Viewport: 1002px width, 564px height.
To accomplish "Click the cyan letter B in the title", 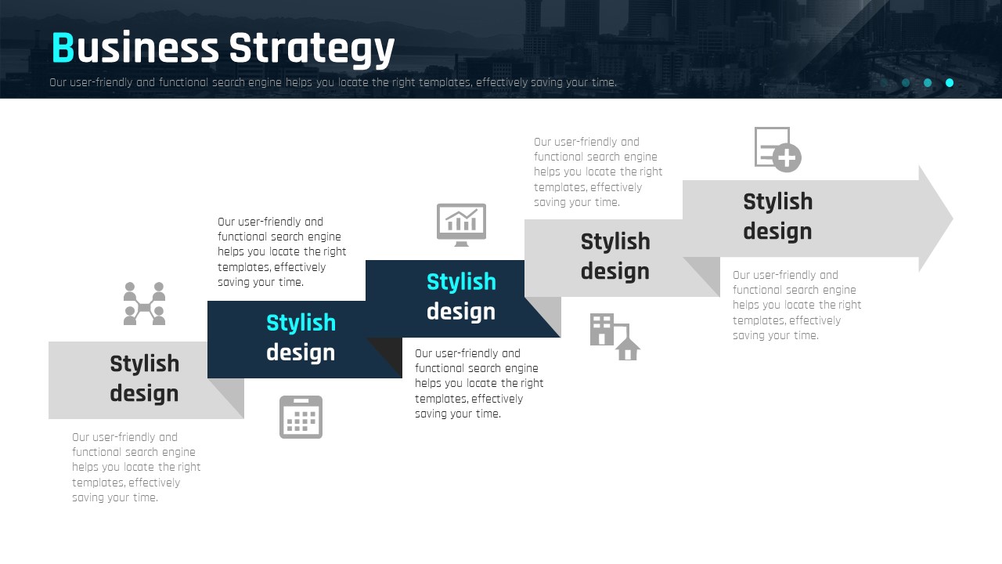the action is click(63, 48).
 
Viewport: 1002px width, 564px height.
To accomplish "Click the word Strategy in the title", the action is click(312, 49).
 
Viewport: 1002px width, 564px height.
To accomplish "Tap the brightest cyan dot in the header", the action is click(950, 83).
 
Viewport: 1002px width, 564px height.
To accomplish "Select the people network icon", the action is click(145, 303).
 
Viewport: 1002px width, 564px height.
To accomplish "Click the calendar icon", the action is click(301, 417).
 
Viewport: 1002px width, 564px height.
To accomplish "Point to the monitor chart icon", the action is click(461, 225).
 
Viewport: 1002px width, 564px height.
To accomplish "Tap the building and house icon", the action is click(615, 337).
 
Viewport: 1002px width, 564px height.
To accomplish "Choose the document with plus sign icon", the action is click(777, 150).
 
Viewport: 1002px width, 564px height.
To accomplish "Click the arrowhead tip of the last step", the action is click(953, 219).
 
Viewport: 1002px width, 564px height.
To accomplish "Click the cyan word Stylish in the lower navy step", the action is click(301, 323).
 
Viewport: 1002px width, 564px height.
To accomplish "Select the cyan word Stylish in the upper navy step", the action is click(461, 282).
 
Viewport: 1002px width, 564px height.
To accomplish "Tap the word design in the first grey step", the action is click(144, 393).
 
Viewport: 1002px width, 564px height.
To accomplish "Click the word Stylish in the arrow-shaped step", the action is click(778, 201).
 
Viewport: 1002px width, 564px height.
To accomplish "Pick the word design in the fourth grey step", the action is click(615, 271).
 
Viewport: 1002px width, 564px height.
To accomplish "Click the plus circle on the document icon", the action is click(787, 157).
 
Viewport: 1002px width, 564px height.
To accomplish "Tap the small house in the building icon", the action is click(628, 349).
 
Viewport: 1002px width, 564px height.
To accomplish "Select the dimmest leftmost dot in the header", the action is click(884, 83).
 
